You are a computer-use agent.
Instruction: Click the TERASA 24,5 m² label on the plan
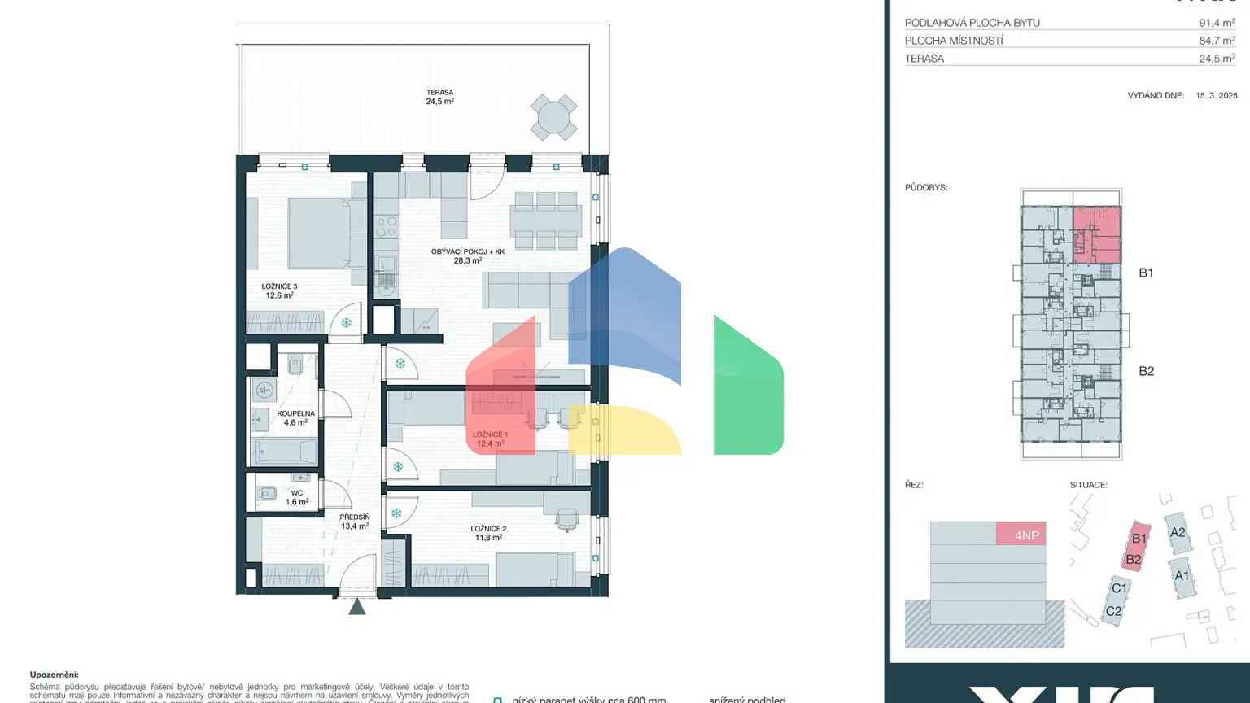pos(439,97)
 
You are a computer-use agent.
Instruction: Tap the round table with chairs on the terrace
pos(553,118)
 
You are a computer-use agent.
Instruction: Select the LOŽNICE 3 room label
pos(279,290)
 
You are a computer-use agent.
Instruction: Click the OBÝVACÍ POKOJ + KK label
pos(468,256)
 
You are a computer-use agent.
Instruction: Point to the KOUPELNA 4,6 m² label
pos(295,418)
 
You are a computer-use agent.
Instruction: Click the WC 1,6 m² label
pos(296,497)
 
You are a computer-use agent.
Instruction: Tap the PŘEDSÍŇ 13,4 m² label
pos(355,522)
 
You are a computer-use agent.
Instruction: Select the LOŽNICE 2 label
pos(488,533)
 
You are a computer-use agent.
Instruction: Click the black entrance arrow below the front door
pos(357,606)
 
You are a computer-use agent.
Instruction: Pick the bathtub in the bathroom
pos(284,451)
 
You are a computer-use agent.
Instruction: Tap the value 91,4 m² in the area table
pos(1217,23)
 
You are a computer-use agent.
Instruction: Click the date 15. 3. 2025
pos(1216,95)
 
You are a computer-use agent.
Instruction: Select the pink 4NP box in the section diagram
pos(1021,534)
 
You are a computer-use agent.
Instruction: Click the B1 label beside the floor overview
pos(1146,273)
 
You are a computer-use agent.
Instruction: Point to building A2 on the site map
pos(1177,533)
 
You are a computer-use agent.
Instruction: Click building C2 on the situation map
pos(1113,611)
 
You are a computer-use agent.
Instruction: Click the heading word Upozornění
pos(54,675)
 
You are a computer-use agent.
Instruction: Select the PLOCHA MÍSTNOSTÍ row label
pos(954,41)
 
